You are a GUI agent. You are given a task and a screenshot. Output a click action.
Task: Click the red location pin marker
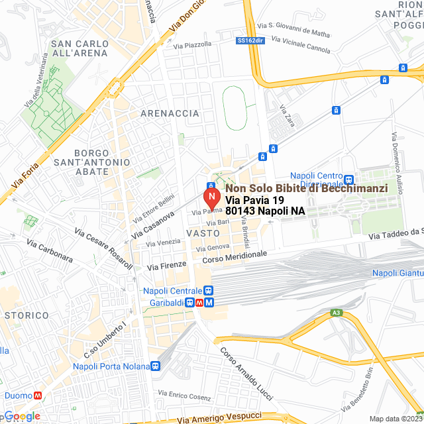[x=211, y=197]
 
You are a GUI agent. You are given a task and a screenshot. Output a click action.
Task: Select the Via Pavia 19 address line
[x=254, y=200]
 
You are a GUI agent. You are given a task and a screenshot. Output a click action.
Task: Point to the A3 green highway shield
[x=337, y=312]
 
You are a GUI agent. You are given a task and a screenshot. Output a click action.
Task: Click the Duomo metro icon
[x=38, y=396]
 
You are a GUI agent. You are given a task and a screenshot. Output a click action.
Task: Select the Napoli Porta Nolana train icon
[x=156, y=366]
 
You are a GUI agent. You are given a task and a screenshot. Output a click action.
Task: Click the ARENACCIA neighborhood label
[x=170, y=113]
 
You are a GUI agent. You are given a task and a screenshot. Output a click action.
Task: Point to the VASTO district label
[x=203, y=234]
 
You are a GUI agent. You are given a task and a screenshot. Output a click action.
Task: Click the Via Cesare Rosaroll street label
[x=103, y=250]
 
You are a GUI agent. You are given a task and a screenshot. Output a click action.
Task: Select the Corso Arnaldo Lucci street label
[x=246, y=374]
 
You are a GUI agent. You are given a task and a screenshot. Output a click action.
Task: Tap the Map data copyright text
[x=395, y=419]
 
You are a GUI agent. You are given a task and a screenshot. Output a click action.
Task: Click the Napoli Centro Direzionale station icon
[x=349, y=180]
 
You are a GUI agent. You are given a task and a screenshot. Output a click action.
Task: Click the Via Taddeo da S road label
[x=396, y=233]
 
